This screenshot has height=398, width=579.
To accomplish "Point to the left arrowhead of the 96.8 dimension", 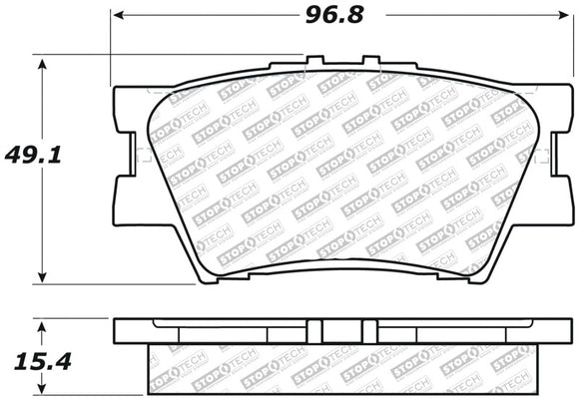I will pos(118,16).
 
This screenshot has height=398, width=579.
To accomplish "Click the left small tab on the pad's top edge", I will pos(311,66).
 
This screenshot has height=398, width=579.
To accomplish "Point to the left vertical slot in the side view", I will pos(311,330).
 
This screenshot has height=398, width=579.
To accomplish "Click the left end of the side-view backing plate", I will pos(117,329).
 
